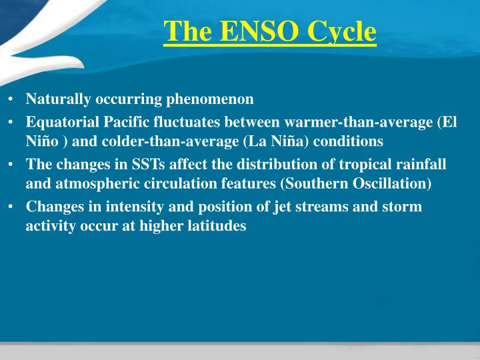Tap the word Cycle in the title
pos(341,31)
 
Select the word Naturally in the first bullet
pos(55,99)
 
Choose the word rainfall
pos(419,165)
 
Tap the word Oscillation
pos(394,183)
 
